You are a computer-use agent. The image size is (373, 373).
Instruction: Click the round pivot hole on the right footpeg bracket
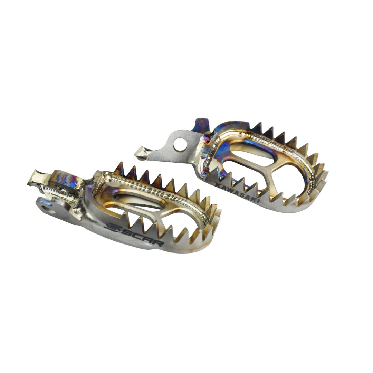pyautogui.click(x=180, y=144)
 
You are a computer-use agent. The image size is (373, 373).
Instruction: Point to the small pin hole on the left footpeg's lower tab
pyautogui.click(x=44, y=208)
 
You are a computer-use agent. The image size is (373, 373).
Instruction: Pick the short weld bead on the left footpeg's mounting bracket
pyautogui.click(x=59, y=193)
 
